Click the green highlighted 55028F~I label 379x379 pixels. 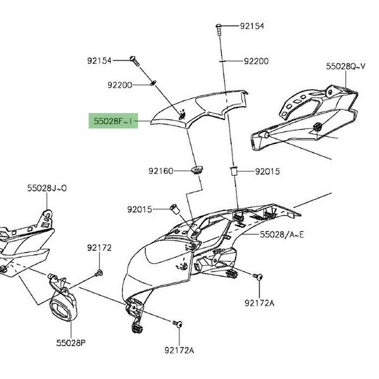[114, 119]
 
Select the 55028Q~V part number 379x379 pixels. [346, 66]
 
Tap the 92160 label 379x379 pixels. [160, 171]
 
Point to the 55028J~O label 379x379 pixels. [47, 188]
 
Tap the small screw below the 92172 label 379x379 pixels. [99, 273]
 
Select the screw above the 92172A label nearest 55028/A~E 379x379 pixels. [258, 277]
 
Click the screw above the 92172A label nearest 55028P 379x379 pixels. [177, 323]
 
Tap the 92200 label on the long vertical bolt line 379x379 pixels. [256, 61]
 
